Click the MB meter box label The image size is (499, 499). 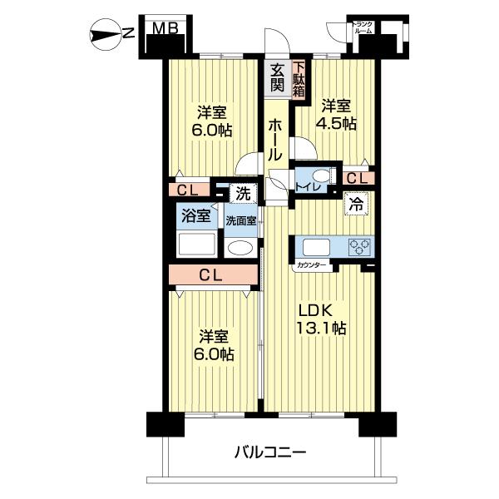pos(165,28)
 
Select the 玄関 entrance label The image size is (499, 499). pos(277,77)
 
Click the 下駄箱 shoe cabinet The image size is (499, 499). pos(299,79)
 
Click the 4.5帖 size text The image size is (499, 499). pos(336,123)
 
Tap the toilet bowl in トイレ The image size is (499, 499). pos(321,176)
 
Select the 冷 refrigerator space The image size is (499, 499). pos(356,204)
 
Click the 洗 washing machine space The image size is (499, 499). pos(243,193)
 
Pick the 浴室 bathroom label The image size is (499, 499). pos(196,216)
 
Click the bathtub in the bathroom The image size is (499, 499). pos(196,245)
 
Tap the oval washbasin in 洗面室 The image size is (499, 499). pos(240,247)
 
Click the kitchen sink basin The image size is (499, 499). pos(316,247)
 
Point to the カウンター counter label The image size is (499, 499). pos(312,264)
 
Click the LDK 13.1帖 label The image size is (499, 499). pos(321,319)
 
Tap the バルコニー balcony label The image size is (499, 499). pos(270,452)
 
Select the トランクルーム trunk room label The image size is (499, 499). pos(363,27)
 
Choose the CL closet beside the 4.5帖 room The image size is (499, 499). pos(358,179)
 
